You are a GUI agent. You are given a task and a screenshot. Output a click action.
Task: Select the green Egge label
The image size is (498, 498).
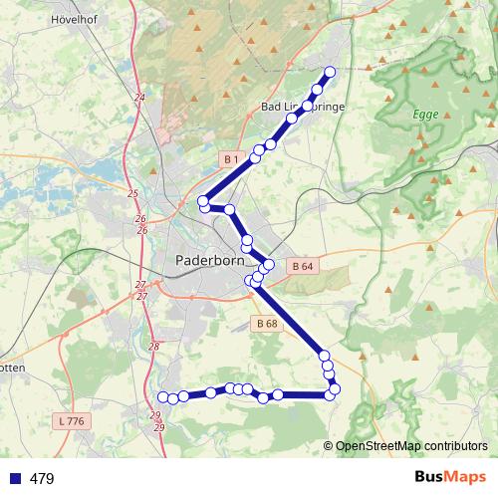click(x=425, y=115)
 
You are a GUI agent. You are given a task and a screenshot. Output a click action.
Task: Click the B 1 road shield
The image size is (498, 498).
click(x=230, y=159)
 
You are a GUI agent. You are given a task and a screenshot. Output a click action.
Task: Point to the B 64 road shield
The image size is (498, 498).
click(x=303, y=266)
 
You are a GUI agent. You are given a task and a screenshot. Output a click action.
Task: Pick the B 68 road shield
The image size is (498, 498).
click(x=266, y=323)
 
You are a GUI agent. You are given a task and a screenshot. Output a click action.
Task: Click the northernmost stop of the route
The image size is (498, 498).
click(x=330, y=72)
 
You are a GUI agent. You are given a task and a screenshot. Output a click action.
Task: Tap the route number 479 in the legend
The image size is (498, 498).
click(x=42, y=478)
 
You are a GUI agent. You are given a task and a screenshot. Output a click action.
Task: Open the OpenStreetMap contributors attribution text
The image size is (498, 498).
click(x=410, y=445)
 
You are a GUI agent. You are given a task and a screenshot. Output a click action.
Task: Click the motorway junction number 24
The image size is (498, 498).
click(x=138, y=97)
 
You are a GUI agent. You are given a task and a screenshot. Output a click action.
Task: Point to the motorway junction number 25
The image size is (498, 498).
click(x=133, y=193)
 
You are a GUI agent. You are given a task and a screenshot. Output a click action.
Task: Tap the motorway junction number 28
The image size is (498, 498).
click(x=153, y=347)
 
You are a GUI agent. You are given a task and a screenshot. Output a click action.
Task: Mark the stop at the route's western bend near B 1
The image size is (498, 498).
click(x=203, y=201)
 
